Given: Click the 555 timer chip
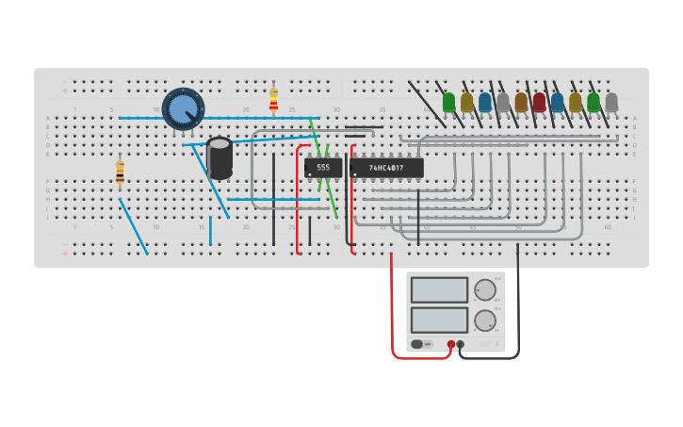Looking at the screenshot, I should (x=323, y=168).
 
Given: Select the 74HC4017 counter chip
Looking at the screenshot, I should (x=386, y=168).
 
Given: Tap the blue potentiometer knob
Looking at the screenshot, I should (x=183, y=109).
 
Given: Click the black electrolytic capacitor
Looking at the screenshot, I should (x=220, y=156).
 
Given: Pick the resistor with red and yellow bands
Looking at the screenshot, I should (x=274, y=100).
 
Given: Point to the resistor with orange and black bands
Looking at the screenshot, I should (x=120, y=172).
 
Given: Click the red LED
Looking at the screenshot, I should (x=539, y=102).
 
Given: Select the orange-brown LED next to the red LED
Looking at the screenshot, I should (x=521, y=102).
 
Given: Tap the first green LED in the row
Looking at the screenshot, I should (x=448, y=102).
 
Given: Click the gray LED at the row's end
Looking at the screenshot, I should (x=611, y=102).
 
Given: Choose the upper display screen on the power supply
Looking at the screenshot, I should (x=439, y=289).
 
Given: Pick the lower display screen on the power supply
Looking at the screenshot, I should (x=439, y=320).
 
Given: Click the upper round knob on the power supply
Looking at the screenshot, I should (x=484, y=289).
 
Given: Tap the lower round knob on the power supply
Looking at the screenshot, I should (x=484, y=320).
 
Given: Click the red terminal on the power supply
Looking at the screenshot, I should (x=451, y=344).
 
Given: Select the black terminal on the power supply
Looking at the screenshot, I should (x=461, y=344).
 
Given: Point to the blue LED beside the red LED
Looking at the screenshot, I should (x=557, y=102).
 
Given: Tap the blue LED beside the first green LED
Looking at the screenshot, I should (x=485, y=102).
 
